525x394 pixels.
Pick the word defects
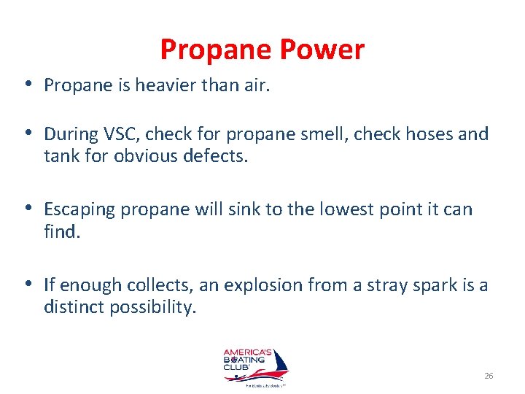pos(217,156)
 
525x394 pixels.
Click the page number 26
pos(489,376)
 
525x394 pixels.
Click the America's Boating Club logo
pos(254,367)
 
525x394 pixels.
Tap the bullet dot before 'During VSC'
pos(27,134)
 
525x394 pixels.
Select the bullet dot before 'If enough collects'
pos(27,285)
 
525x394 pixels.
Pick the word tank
pos(61,156)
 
